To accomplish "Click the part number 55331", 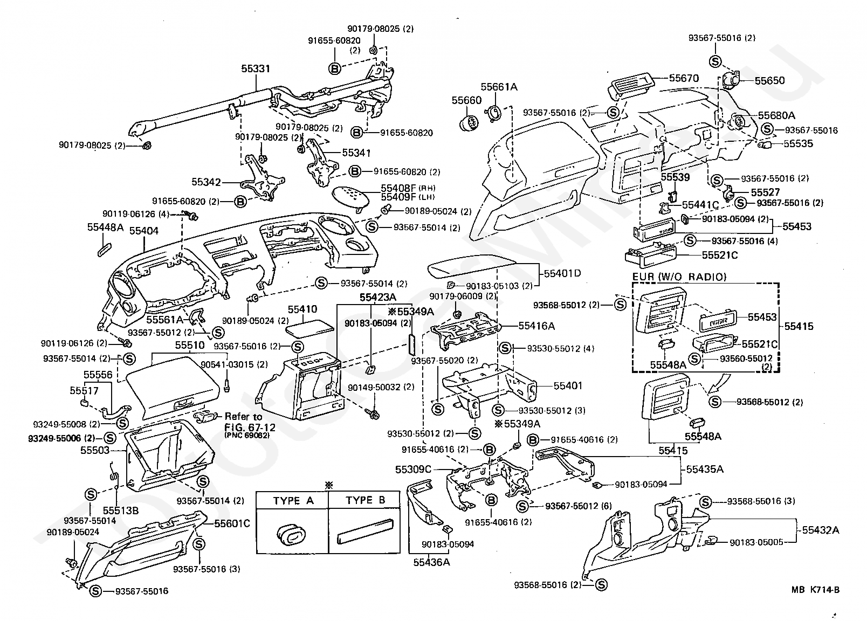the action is click(x=256, y=69).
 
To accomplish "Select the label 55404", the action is click(x=144, y=231).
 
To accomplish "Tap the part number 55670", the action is click(x=684, y=78).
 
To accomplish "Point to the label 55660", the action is click(x=466, y=100).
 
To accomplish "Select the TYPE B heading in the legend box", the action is click(x=366, y=500).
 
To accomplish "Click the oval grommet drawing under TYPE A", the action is click(x=291, y=535).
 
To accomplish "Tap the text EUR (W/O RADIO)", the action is click(x=679, y=277).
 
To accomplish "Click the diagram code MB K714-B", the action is click(x=816, y=590).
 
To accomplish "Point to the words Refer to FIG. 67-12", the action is click(x=250, y=422).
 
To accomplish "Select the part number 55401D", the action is click(x=562, y=273).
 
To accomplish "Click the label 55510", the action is click(x=190, y=345).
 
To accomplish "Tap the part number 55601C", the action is click(x=232, y=523).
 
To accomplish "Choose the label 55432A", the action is click(x=821, y=530).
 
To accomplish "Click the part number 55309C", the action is click(x=413, y=470).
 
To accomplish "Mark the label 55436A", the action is click(x=431, y=562).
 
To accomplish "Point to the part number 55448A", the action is click(x=105, y=227).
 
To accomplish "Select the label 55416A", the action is click(x=536, y=326).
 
